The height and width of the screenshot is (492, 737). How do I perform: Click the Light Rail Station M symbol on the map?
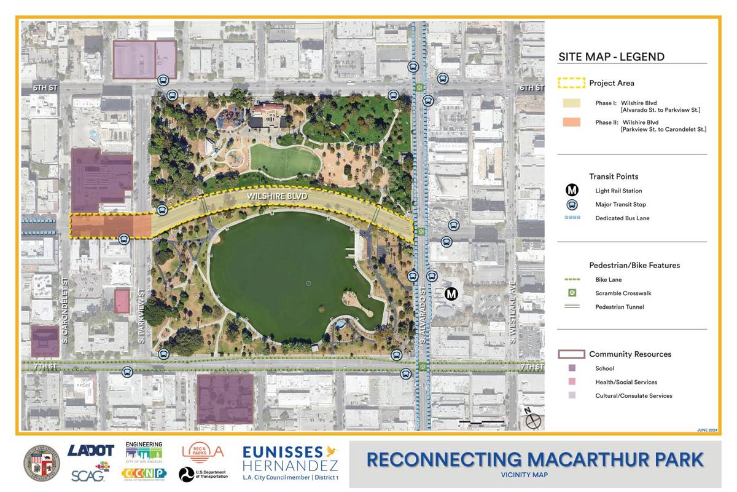point(451,294)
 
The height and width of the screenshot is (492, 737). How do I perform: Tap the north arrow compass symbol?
point(532,421)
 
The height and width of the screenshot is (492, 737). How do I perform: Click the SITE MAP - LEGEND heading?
point(611,57)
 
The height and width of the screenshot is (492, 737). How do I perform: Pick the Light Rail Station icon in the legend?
point(572,191)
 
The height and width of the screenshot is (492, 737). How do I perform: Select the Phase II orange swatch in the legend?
point(571,122)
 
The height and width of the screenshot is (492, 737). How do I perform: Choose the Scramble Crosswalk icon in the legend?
point(572,293)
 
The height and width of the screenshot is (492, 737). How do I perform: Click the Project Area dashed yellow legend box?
point(571,83)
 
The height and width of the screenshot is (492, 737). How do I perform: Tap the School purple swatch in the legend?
point(572,368)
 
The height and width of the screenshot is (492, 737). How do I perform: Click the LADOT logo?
point(91,451)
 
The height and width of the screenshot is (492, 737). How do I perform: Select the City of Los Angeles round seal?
point(41,462)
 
